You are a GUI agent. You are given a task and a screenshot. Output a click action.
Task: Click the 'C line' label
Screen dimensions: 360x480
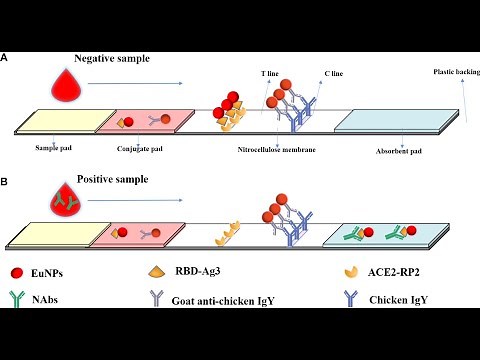click(334, 74)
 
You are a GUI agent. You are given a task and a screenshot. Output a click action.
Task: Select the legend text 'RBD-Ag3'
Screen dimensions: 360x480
click(204, 272)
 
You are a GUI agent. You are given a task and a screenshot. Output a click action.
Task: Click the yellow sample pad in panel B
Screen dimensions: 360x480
click(50, 237)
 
